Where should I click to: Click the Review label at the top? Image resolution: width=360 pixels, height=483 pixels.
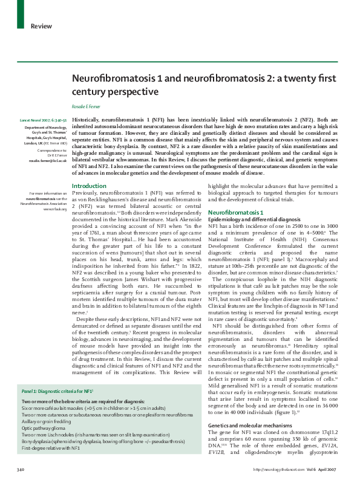41,26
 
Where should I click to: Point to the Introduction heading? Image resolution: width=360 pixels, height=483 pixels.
89,186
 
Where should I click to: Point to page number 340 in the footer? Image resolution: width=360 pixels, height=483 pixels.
21,470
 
